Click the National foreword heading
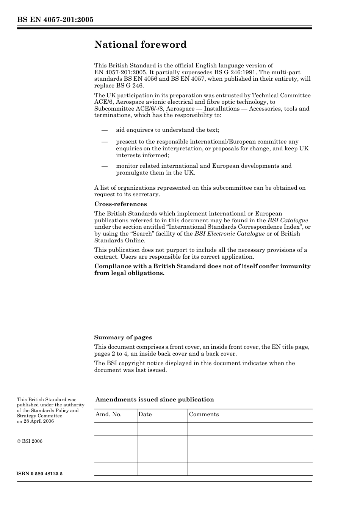point(140,45)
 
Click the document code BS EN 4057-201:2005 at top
point(55,20)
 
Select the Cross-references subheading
point(120,204)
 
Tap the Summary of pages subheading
point(123,337)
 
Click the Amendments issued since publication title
point(155,400)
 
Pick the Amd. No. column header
point(108,414)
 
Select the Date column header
point(145,414)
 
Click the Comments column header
point(204,414)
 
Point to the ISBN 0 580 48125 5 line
point(40,474)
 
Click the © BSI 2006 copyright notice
point(30,441)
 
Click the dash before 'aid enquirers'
point(105,130)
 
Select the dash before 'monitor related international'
point(105,166)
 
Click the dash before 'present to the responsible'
point(105,142)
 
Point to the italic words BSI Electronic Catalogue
point(229,234)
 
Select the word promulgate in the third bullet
point(133,173)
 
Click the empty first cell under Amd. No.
point(115,429)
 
